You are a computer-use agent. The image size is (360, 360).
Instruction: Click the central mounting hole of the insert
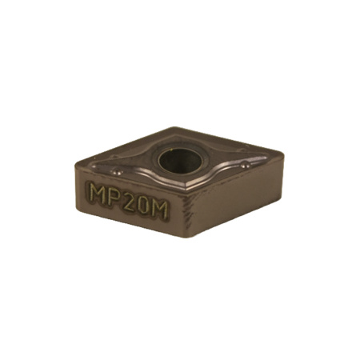click(180, 161)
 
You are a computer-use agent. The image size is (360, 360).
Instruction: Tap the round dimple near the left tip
click(117, 171)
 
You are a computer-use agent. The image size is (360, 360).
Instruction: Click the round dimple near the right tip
click(245, 166)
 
